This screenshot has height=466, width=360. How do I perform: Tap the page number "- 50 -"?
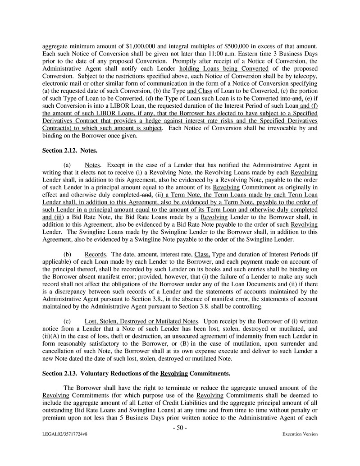tap(180, 428)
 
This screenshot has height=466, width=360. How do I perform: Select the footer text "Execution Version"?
tap(300, 434)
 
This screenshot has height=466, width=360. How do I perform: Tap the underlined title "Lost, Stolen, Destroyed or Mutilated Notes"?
tap(141, 321)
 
